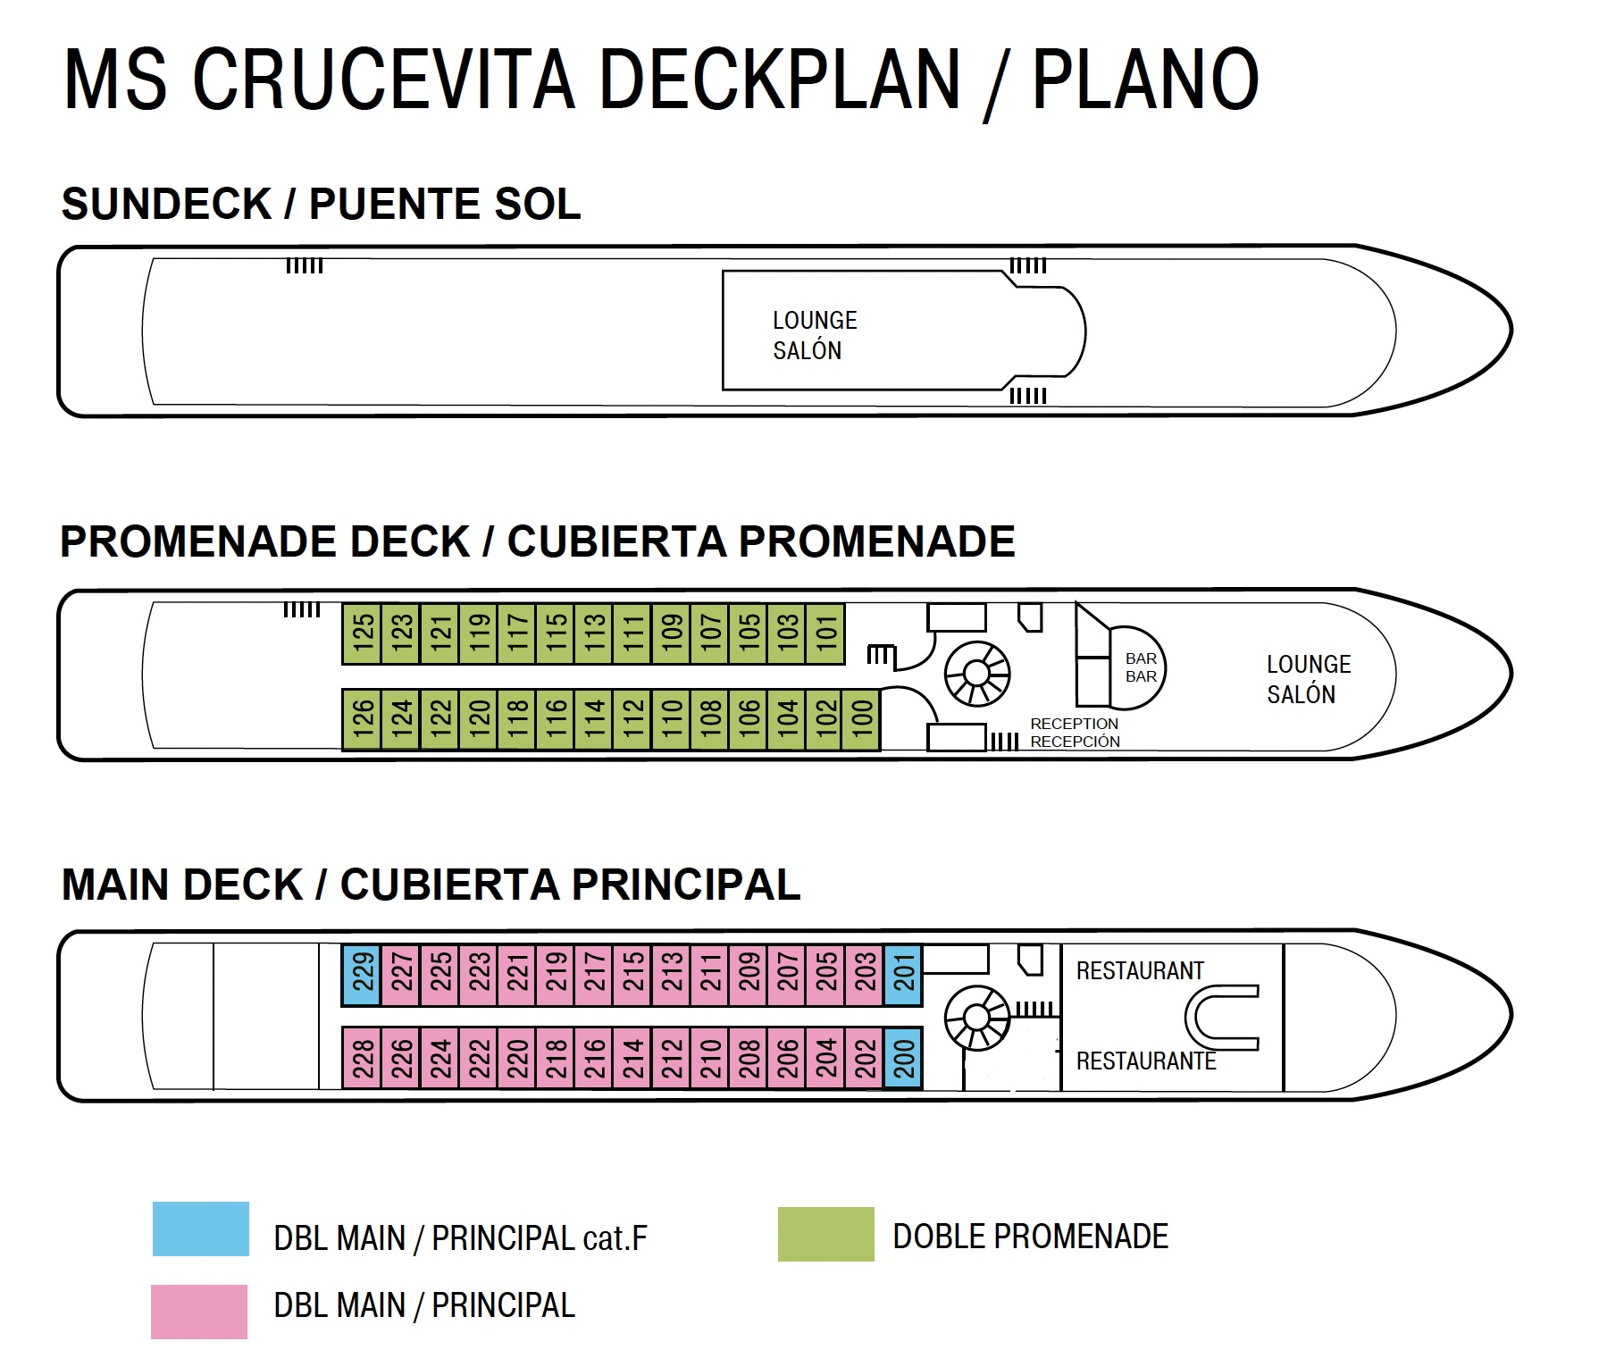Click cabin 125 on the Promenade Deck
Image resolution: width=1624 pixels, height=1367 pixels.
(x=362, y=633)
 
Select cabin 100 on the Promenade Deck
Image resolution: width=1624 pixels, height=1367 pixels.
(x=861, y=719)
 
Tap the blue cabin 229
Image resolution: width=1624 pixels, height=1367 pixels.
(x=362, y=975)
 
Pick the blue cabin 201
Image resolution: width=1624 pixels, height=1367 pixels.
(x=903, y=975)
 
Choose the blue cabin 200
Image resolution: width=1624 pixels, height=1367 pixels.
(x=903, y=1058)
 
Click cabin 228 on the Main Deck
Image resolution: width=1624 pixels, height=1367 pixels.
(x=362, y=1058)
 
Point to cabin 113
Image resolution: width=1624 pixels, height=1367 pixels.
(x=593, y=633)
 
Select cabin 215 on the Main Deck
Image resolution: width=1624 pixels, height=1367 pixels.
(x=632, y=975)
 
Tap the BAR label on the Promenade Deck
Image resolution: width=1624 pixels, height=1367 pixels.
(x=1141, y=658)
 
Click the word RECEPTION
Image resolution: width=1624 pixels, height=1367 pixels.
(x=1074, y=724)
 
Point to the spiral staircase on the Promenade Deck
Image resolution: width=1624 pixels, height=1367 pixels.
(x=976, y=673)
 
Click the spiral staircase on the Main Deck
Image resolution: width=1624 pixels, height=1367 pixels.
(x=976, y=1017)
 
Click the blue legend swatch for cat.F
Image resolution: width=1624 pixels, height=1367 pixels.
(x=200, y=1229)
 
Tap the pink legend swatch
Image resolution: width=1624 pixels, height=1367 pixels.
(x=198, y=1312)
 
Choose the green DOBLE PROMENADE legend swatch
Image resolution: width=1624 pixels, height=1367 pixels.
(x=825, y=1234)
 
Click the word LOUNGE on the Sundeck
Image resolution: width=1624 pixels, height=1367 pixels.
(x=814, y=320)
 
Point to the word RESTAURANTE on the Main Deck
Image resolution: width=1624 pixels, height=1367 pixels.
(x=1145, y=1061)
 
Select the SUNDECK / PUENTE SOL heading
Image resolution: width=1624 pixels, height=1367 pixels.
(x=321, y=204)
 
